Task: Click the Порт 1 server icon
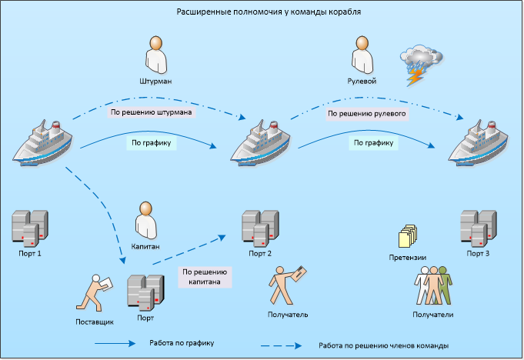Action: click(x=28, y=228)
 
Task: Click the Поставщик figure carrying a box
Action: click(x=95, y=294)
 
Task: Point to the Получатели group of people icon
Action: click(x=433, y=286)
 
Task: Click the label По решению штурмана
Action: click(x=151, y=112)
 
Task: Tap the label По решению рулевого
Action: click(x=366, y=113)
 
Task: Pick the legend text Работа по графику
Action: click(x=182, y=342)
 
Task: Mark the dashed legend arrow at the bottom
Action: click(x=280, y=345)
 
